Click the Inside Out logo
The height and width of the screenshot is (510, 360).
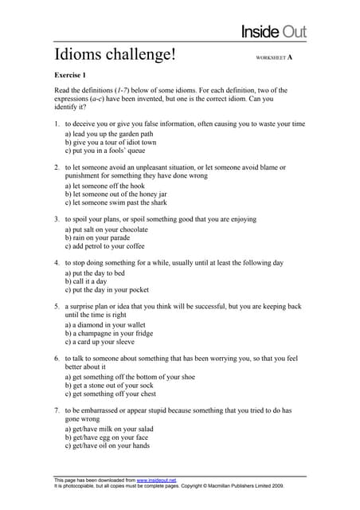(274, 32)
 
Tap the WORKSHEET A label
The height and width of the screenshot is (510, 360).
(274, 58)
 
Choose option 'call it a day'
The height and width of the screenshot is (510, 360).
(90, 280)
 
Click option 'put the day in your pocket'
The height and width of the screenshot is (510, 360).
(111, 289)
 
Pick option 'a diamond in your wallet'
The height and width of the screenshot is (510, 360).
(108, 324)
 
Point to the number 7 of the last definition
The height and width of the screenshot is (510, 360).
(57, 410)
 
